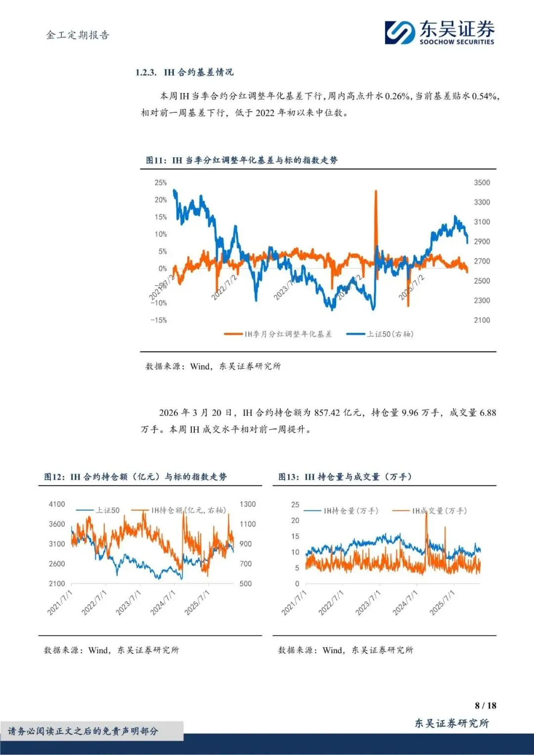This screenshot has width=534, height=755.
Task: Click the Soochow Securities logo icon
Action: (x=400, y=33)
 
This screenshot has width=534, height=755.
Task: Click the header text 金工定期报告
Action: (x=78, y=35)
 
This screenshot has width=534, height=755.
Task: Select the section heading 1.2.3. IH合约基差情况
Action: (x=184, y=72)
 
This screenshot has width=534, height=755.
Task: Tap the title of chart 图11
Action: (x=242, y=160)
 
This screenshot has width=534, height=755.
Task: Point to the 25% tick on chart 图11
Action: (x=161, y=182)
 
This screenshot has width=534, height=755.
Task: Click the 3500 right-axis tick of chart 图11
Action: (x=482, y=182)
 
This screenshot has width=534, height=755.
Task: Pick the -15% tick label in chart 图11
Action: (x=159, y=320)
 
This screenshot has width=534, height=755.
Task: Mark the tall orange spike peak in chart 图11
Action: (x=376, y=191)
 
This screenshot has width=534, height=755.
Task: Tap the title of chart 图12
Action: (x=135, y=477)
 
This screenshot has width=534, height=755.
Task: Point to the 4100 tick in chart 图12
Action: (x=57, y=504)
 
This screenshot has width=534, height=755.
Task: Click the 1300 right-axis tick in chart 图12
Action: (x=248, y=504)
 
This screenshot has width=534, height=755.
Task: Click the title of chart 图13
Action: (x=345, y=477)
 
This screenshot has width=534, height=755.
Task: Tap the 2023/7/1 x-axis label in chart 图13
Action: (x=368, y=602)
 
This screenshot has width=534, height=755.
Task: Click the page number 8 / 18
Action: (x=485, y=706)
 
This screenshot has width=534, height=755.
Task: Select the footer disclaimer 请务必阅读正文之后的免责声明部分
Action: (x=83, y=731)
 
